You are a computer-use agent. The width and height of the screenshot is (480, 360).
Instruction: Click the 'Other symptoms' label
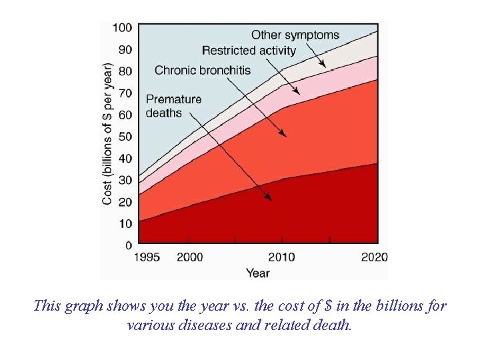(295, 35)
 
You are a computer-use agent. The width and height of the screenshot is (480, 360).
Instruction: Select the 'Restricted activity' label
(249, 51)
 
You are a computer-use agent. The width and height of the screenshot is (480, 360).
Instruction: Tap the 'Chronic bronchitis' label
(203, 70)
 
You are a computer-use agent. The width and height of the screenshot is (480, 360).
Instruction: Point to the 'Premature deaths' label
(173, 106)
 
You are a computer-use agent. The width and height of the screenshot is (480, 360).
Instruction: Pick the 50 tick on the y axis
(125, 137)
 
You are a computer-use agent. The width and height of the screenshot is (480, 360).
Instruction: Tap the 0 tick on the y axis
(128, 245)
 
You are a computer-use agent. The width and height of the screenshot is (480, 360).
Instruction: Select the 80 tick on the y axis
(125, 71)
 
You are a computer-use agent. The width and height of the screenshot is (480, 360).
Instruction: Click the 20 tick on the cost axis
(125, 202)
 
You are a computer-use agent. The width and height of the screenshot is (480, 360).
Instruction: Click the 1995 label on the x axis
(147, 257)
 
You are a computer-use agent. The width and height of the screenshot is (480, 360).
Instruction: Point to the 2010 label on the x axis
(282, 257)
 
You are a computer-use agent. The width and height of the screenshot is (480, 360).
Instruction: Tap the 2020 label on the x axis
(374, 257)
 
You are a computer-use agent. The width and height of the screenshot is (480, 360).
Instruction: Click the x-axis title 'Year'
(257, 273)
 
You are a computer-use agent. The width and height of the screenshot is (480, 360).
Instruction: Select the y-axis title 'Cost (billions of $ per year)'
(107, 134)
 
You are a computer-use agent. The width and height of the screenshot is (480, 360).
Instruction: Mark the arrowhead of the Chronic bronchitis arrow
(285, 135)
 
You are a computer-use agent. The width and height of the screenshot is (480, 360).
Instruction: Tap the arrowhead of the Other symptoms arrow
(324, 66)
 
